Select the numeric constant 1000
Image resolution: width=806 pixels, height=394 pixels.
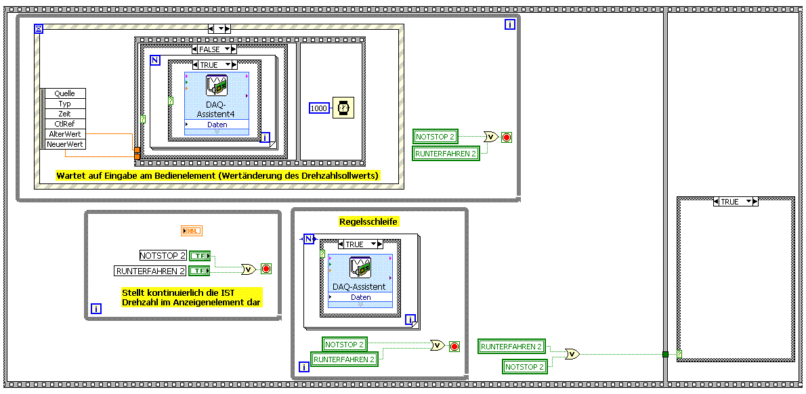pos(318,108)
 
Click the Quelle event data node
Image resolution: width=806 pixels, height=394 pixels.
pos(65,93)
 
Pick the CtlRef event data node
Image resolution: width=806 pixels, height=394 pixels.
pos(65,124)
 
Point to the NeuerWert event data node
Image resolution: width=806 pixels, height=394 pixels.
pos(65,144)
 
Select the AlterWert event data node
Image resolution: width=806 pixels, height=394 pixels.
pos(65,134)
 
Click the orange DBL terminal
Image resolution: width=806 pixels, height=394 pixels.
pos(192,232)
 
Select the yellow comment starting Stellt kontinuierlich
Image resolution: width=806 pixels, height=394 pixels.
pos(192,297)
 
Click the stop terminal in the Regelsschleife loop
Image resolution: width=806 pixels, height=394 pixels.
pos(454,347)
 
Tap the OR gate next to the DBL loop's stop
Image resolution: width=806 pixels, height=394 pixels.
pos(249,269)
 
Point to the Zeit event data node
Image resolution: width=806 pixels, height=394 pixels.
pos(65,114)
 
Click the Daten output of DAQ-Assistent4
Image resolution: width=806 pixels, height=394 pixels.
pos(217,125)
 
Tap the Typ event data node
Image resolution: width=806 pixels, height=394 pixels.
pos(65,104)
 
